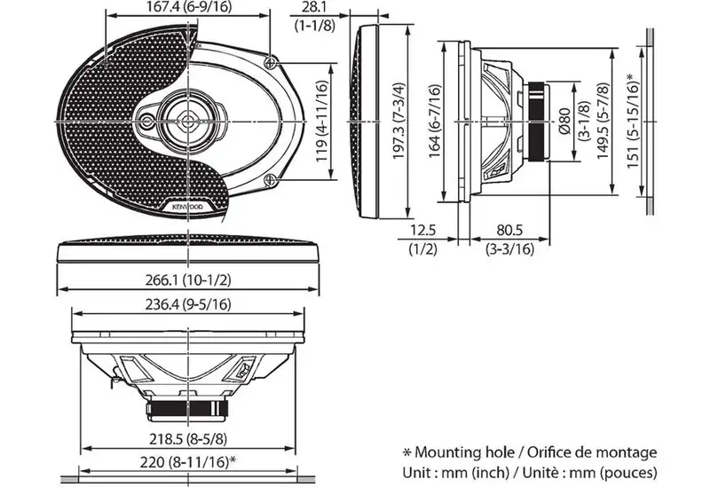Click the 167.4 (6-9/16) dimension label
[188, 6]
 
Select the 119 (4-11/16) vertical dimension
[321, 122]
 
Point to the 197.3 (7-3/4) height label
[398, 121]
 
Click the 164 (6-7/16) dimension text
[435, 121]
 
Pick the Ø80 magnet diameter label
[565, 121]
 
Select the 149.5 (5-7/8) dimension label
[603, 121]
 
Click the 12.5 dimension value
[423, 230]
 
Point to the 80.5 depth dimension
[509, 230]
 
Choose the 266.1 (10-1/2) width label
[188, 280]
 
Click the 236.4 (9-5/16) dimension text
[188, 304]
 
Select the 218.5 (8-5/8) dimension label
[188, 438]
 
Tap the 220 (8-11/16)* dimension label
[188, 462]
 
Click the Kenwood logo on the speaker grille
[188, 207]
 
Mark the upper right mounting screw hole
[271, 62]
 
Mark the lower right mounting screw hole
[271, 180]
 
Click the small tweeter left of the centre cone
[147, 122]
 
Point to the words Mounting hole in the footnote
[464, 452]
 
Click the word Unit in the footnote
[417, 473]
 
